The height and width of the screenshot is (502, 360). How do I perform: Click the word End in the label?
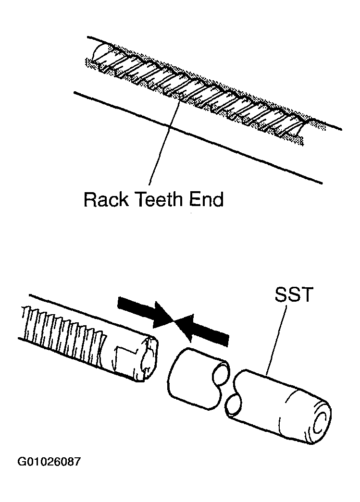pyautogui.click(x=206, y=199)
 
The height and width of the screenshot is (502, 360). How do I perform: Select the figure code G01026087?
pyautogui.click(x=50, y=462)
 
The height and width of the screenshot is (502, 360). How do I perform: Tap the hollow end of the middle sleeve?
pyautogui.click(x=221, y=371)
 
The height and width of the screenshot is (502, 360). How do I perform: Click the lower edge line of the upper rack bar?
pyautogui.click(x=198, y=138)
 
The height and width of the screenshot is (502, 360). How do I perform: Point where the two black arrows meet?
pyautogui.click(x=174, y=320)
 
